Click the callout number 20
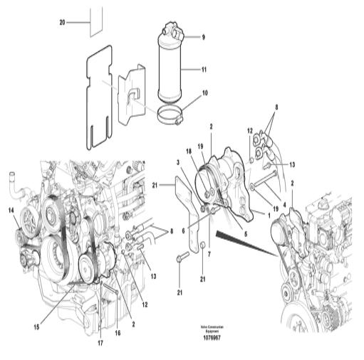pyautogui.click(x=62, y=23)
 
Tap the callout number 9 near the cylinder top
pyautogui.click(x=202, y=36)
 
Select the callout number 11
pyautogui.click(x=203, y=70)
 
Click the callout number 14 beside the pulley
pyautogui.click(x=11, y=210)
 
